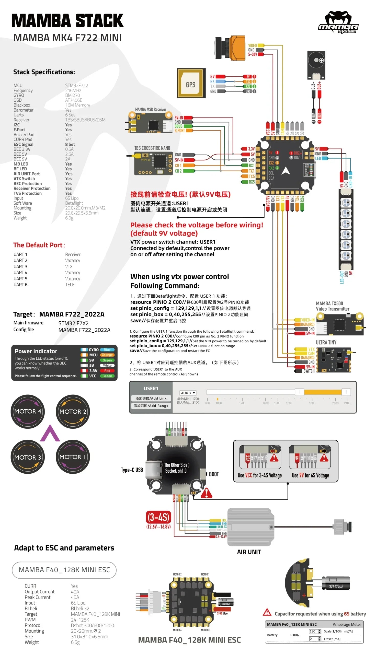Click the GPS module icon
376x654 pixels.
[191, 83]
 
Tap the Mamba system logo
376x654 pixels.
[338, 22]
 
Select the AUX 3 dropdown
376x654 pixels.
[188, 393]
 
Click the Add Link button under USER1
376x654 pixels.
[151, 398]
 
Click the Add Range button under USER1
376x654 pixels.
[151, 405]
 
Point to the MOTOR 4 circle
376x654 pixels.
[27, 411]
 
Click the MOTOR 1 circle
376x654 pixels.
[73, 457]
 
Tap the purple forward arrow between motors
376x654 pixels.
[50, 434]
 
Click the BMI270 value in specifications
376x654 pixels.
[73, 95]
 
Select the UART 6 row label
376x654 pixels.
[20, 284]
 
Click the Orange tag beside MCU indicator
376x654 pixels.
[107, 355]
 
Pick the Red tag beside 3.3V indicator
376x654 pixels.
[107, 371]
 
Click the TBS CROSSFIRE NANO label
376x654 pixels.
[152, 148]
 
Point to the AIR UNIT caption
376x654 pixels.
[249, 552]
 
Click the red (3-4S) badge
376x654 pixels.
[158, 517]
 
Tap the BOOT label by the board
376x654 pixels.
[214, 474]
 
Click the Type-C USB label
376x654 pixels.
[132, 470]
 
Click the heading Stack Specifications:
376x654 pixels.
[44, 72]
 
